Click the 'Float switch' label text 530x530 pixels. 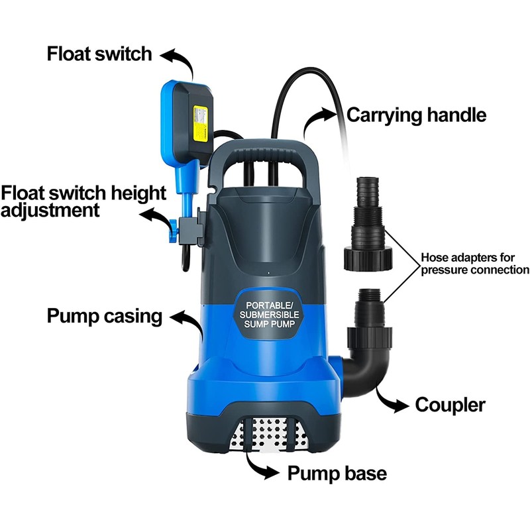click(x=99, y=54)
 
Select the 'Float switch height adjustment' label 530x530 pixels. click(x=83, y=201)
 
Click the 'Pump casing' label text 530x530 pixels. click(x=105, y=315)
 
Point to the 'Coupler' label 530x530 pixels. click(x=450, y=404)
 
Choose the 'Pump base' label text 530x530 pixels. click(x=337, y=474)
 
